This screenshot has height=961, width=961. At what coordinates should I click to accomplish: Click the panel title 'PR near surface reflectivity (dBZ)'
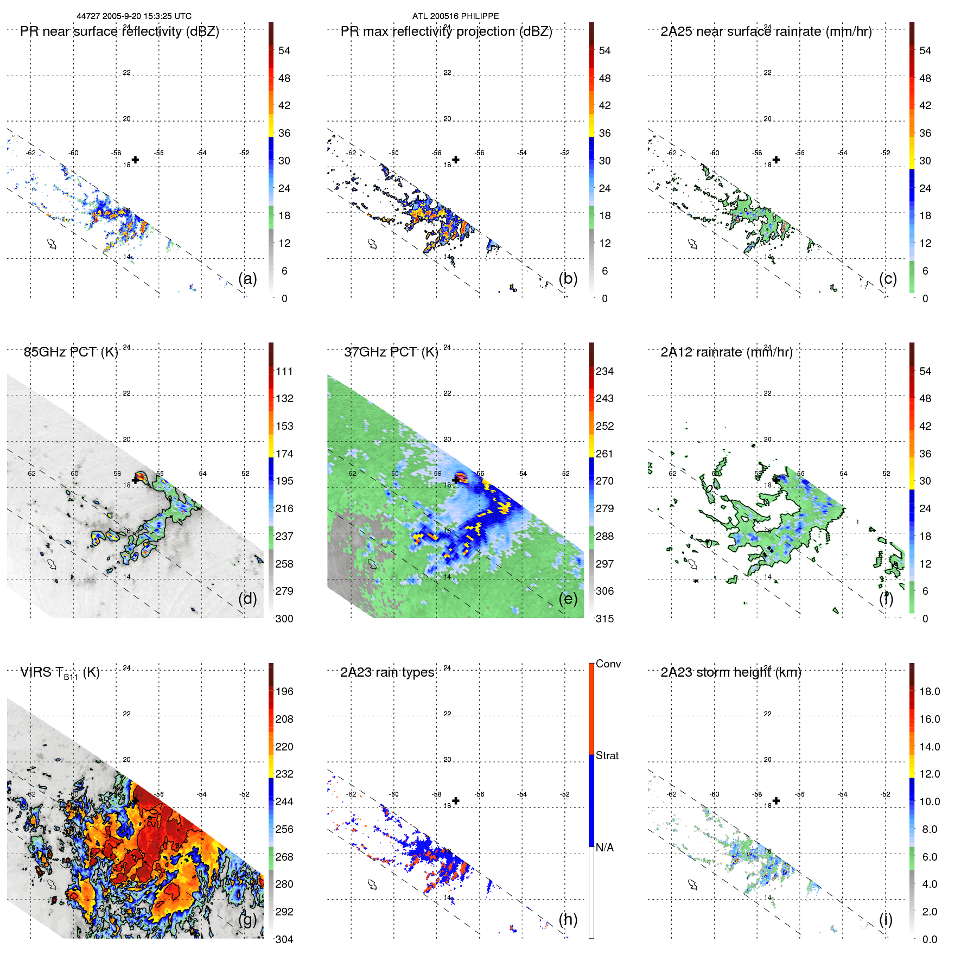pyautogui.click(x=119, y=31)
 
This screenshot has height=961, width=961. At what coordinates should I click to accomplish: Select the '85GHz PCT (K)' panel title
pyautogui.click(x=71, y=352)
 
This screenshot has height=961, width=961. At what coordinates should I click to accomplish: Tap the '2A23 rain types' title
pyautogui.click(x=387, y=672)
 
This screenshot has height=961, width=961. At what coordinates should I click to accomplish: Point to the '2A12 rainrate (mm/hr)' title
pyautogui.click(x=726, y=352)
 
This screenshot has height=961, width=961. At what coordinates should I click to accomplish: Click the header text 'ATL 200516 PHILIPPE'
pyautogui.click(x=455, y=16)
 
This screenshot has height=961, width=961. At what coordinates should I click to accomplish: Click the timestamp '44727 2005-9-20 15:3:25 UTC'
pyautogui.click(x=134, y=16)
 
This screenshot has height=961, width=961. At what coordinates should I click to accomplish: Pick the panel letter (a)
pyautogui.click(x=247, y=279)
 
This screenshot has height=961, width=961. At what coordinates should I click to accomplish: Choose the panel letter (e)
pyautogui.click(x=568, y=599)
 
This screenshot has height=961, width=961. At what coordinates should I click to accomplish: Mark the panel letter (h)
pyautogui.click(x=568, y=919)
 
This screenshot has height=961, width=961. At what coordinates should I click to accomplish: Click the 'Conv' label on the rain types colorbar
pyautogui.click(x=608, y=664)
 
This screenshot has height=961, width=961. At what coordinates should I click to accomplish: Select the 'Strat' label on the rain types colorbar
pyautogui.click(x=607, y=755)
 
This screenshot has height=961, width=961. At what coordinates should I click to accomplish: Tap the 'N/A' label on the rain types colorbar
pyautogui.click(x=604, y=848)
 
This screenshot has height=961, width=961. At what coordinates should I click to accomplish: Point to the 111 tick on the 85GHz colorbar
pyautogui.click(x=284, y=371)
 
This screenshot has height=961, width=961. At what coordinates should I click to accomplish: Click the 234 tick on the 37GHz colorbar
pyautogui.click(x=604, y=371)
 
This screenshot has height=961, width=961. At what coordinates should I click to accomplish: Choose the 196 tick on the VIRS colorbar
pyautogui.click(x=284, y=691)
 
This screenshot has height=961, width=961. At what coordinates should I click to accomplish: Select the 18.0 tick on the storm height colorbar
pyautogui.click(x=929, y=691)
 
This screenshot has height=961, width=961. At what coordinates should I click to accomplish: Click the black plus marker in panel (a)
pyautogui.click(x=135, y=160)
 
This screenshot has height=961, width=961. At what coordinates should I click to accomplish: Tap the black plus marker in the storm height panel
pyautogui.click(x=776, y=800)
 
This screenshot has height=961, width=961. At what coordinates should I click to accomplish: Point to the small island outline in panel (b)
pyautogui.click(x=372, y=244)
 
